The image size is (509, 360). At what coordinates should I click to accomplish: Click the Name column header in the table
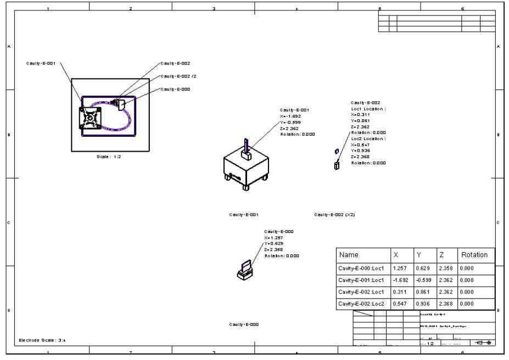349,255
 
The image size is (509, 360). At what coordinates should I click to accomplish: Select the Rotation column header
474,255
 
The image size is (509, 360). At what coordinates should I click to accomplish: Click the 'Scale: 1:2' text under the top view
109,157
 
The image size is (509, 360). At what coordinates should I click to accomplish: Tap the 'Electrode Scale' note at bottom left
43,340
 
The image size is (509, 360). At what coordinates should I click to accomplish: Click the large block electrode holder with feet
245,169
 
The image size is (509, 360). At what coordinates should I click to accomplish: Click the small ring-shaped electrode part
336,151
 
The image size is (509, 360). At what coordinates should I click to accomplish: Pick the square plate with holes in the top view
90,117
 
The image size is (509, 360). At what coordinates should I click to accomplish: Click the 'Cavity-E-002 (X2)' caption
334,215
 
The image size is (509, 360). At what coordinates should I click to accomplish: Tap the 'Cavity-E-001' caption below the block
244,215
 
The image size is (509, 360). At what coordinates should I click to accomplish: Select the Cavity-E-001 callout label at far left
41,64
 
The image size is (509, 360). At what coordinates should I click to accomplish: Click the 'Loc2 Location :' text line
368,139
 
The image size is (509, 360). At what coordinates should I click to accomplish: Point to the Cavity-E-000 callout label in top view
175,89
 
